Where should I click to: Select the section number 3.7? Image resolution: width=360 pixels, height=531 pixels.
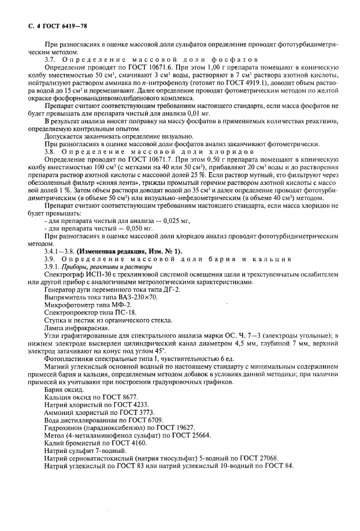coord(51,60)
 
